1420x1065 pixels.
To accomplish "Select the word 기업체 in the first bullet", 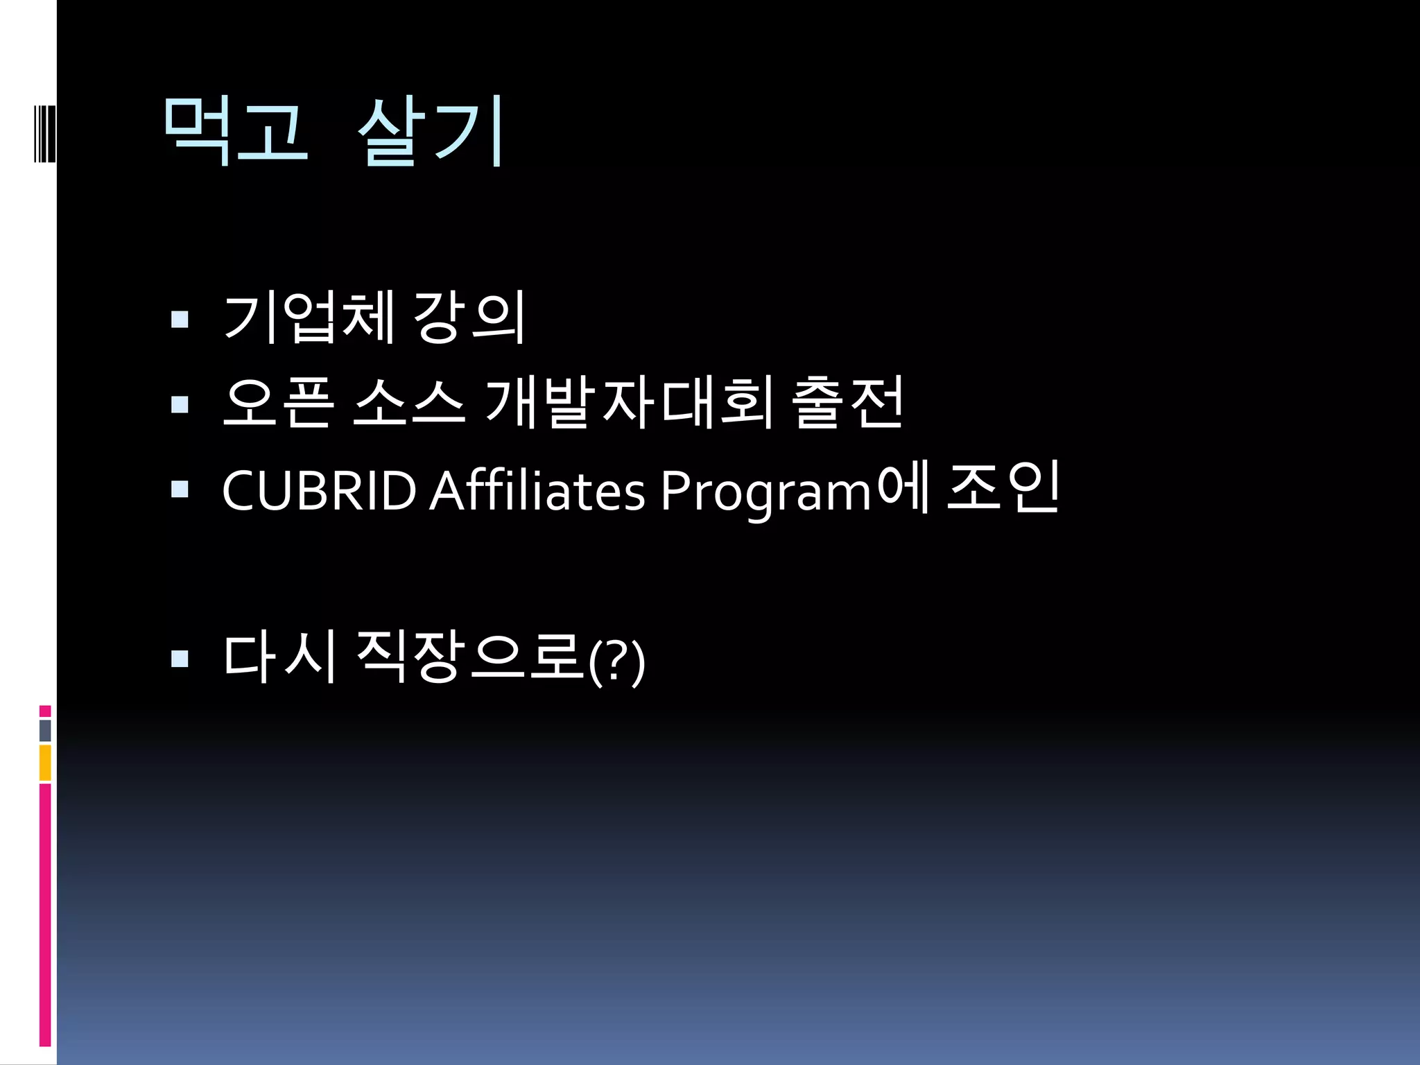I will point(309,318).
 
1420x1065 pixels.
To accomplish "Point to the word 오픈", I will point(278,403).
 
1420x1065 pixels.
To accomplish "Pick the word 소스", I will point(408,403).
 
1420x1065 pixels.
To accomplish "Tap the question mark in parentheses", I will point(616,663).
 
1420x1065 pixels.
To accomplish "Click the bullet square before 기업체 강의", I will point(180,319).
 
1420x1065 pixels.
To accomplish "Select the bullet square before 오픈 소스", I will point(180,404).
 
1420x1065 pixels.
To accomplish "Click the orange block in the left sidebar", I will point(45,763).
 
